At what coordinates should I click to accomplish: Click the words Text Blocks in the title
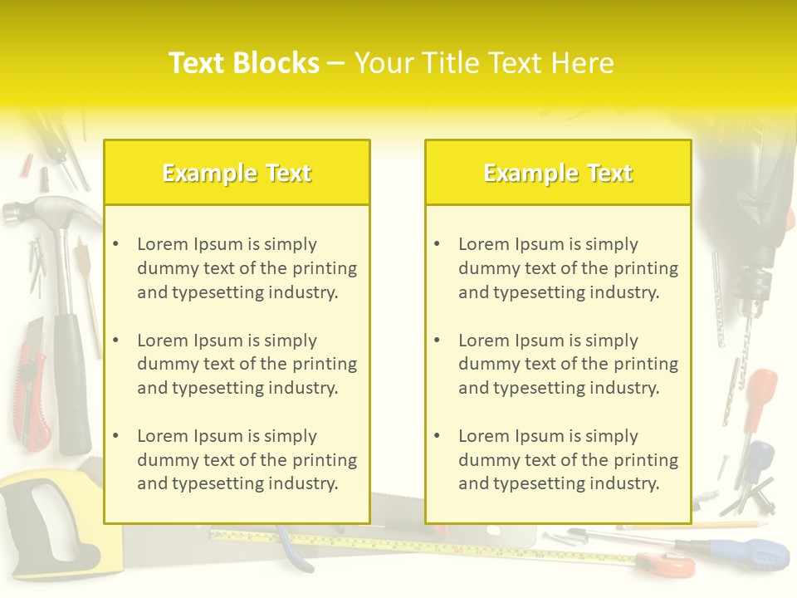[x=243, y=63]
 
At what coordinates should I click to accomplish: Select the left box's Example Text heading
[x=237, y=173]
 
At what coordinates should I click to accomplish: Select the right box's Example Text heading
[x=558, y=173]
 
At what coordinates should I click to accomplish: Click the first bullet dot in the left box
[x=116, y=244]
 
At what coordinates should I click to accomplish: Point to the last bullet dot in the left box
[x=116, y=436]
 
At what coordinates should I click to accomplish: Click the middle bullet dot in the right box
[x=438, y=341]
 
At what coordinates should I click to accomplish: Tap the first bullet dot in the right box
[x=438, y=244]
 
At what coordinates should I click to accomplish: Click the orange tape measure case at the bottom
[x=668, y=565]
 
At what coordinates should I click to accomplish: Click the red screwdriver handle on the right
[x=759, y=390]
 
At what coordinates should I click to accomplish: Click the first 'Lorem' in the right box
[x=484, y=244]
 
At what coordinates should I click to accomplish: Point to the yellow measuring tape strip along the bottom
[x=415, y=544]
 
